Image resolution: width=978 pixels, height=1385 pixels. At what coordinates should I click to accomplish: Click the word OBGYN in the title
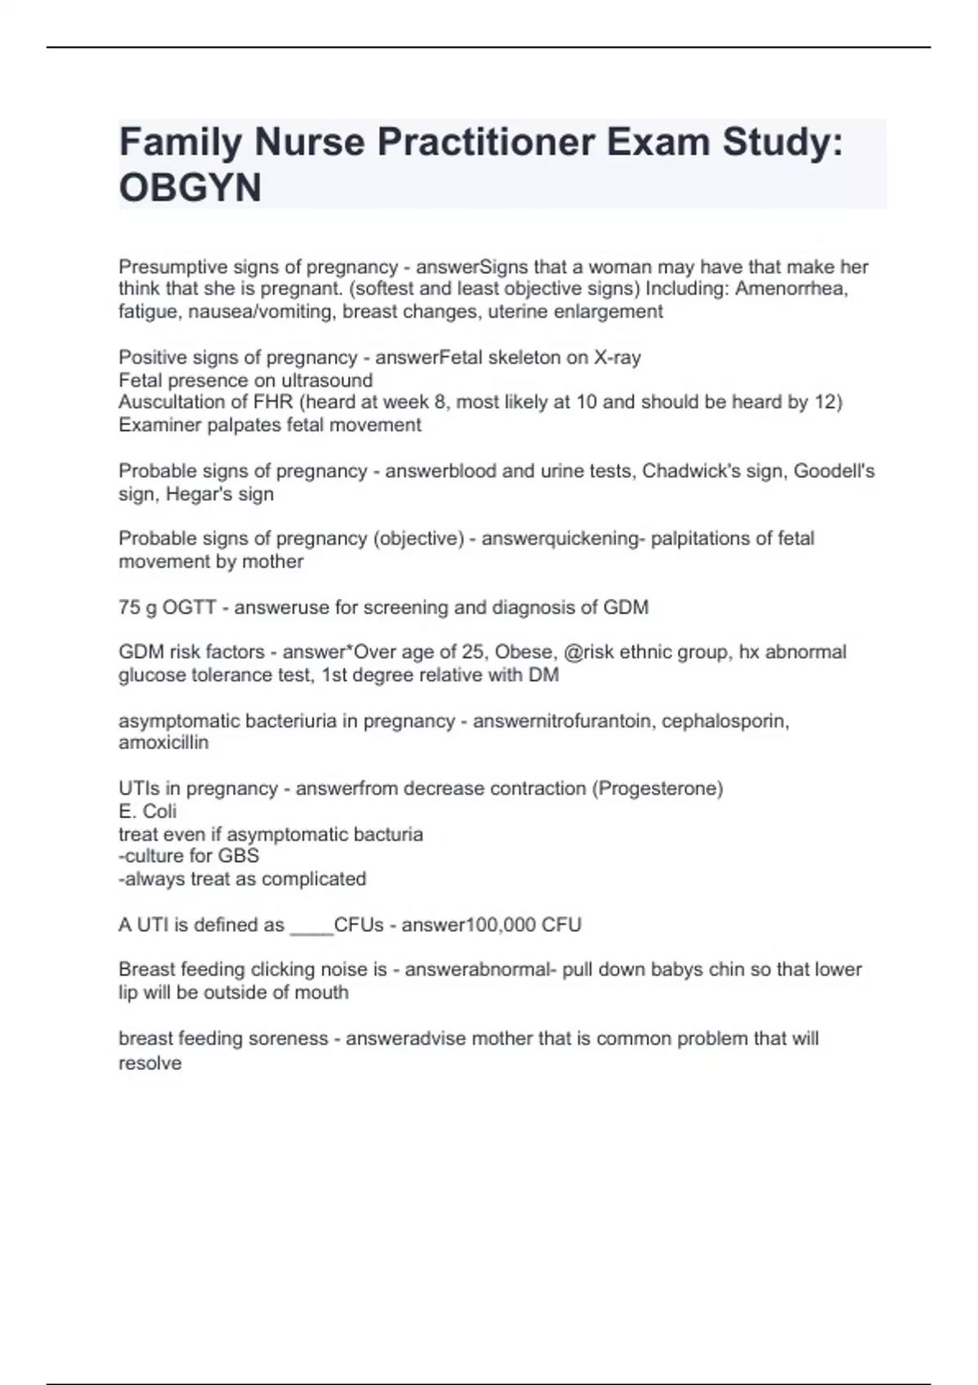[190, 187]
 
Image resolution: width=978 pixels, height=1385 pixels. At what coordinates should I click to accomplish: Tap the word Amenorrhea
[791, 289]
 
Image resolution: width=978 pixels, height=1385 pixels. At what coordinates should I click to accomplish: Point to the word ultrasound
[327, 380]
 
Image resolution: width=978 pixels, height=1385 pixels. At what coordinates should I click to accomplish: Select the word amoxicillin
[163, 743]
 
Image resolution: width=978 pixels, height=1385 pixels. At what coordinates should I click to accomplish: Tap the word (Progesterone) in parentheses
[658, 789]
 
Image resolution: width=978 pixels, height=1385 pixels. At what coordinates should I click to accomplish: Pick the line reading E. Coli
[148, 811]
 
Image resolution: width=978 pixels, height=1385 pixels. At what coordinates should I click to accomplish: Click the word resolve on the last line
[150, 1063]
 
